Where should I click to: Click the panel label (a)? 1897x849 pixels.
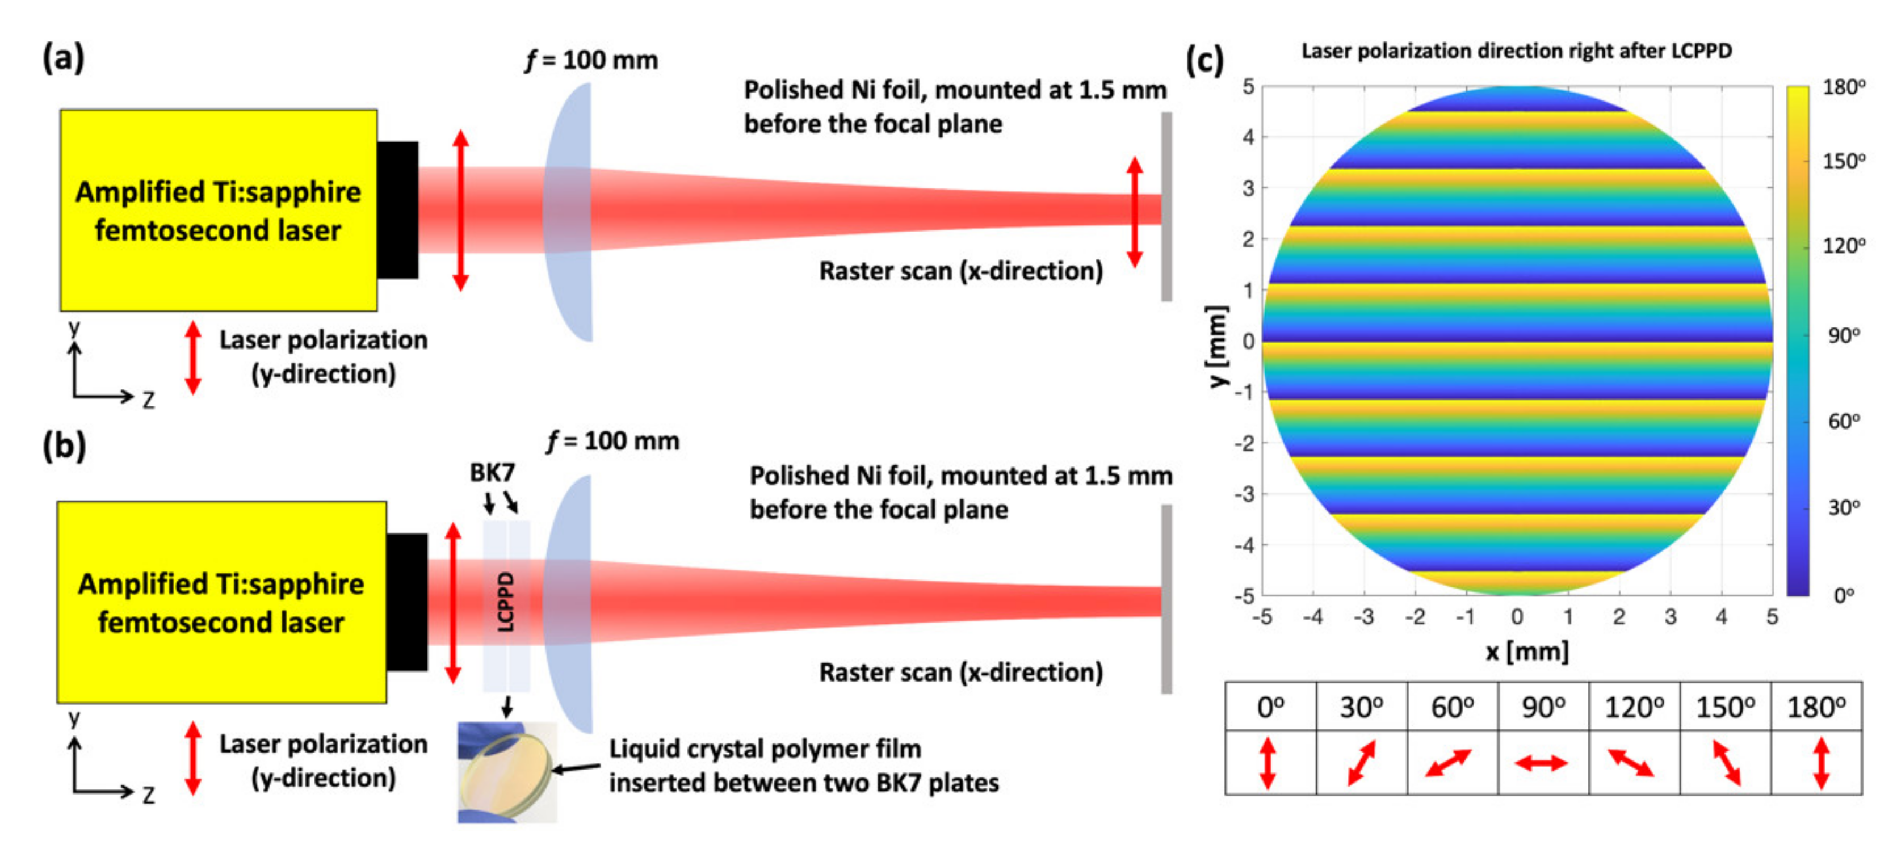coord(64,57)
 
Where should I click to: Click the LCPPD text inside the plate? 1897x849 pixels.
coord(506,602)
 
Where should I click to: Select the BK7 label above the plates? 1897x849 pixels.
coord(492,473)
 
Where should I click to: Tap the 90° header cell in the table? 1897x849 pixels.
coord(1543,708)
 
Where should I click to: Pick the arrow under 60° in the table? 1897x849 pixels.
coord(1449,763)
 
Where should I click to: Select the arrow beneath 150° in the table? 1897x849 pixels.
coord(1726,763)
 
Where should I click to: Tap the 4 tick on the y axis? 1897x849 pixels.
coord(1248,137)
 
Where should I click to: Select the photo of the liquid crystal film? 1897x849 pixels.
coord(507,772)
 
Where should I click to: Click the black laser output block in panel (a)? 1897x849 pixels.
coord(398,210)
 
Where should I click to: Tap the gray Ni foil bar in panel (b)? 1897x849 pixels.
coord(1166,599)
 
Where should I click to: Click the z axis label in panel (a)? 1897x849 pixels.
coord(149,401)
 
